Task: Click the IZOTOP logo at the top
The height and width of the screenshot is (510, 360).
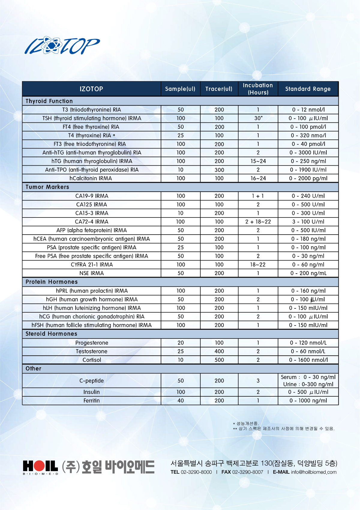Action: click(62, 46)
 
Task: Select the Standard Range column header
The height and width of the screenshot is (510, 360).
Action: click(308, 89)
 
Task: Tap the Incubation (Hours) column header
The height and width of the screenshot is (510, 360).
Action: click(258, 89)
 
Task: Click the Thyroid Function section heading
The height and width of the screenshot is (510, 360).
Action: click(49, 101)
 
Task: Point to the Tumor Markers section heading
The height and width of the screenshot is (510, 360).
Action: click(47, 187)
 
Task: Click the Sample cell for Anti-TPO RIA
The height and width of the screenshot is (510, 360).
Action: click(181, 170)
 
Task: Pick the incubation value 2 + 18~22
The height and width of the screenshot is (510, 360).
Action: click(258, 222)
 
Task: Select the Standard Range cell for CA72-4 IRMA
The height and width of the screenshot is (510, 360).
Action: click(308, 222)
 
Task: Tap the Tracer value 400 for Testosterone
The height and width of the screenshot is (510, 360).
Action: click(219, 351)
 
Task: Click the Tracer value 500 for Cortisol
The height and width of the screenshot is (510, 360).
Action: click(219, 360)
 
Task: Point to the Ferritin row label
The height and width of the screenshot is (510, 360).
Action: click(91, 400)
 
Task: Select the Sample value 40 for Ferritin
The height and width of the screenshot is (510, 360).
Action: click(181, 400)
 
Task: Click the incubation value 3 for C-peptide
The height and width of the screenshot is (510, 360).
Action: click(258, 381)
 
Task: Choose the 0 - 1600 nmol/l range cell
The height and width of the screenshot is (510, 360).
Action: click(308, 360)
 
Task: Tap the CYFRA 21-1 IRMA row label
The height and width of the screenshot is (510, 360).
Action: click(92, 265)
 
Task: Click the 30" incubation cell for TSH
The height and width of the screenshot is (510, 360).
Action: click(258, 118)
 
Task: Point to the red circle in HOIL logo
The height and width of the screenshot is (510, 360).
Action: click(40, 466)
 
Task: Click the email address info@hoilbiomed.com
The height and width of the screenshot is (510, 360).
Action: click(313, 472)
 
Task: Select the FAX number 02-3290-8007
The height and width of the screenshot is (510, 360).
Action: click(247, 472)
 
